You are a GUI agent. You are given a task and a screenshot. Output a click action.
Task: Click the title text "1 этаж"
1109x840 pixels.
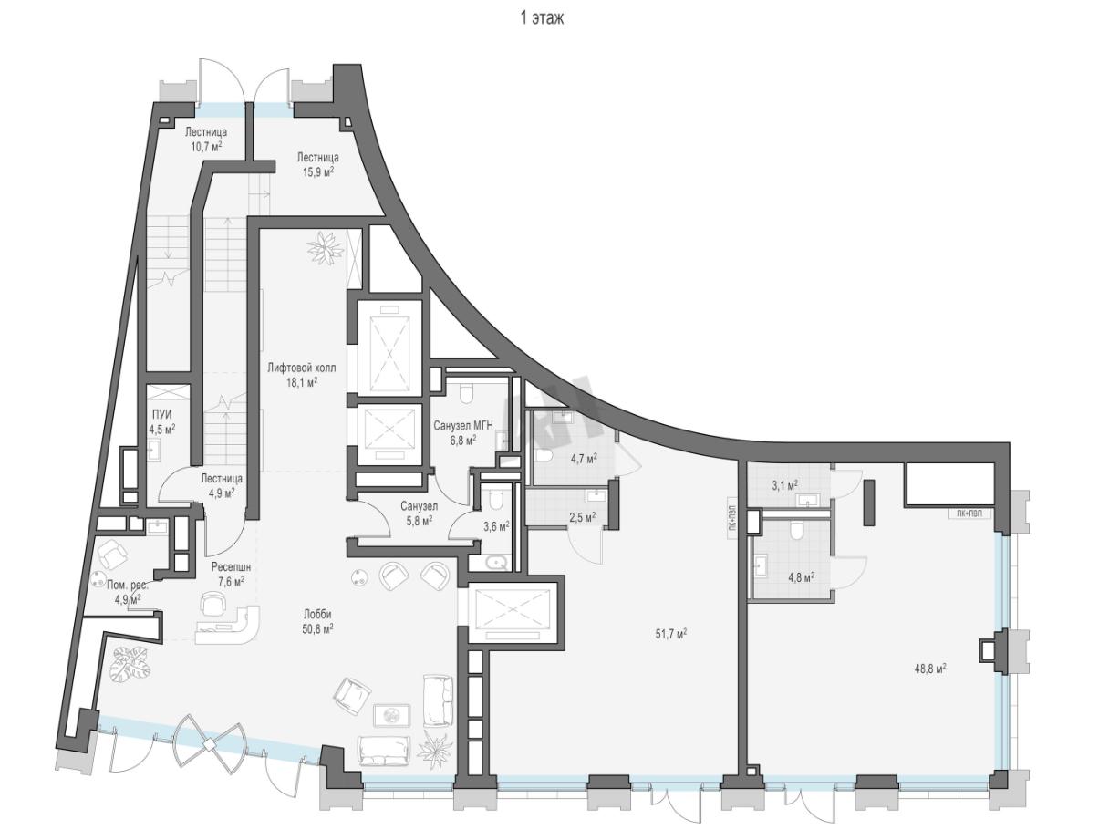(x=542, y=18)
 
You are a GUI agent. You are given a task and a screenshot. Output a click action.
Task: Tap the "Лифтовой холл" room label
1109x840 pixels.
(x=302, y=368)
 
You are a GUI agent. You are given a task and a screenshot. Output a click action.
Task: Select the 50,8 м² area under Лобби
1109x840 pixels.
(x=317, y=629)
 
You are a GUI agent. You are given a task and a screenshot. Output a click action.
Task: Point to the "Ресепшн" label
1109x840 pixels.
(x=231, y=567)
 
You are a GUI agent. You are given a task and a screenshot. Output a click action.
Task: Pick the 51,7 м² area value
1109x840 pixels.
(x=671, y=634)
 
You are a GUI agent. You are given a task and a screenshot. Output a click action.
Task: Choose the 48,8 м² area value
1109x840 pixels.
(x=930, y=669)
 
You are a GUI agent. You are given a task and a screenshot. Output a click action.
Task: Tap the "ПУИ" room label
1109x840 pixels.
(x=161, y=415)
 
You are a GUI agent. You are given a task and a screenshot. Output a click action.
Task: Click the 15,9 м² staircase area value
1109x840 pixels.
(x=317, y=171)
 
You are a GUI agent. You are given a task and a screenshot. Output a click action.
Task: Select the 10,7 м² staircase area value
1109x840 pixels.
(x=205, y=147)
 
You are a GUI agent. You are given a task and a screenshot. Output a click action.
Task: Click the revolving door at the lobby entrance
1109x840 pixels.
(x=208, y=744)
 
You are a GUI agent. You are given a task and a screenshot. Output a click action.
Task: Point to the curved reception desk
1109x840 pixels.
(x=228, y=625)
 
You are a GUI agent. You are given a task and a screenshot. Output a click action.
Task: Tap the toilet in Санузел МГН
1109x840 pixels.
(x=466, y=393)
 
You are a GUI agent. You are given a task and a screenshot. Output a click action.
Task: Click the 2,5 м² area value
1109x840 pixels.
(x=582, y=517)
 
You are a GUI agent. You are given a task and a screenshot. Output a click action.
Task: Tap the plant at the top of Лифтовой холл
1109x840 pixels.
(x=324, y=247)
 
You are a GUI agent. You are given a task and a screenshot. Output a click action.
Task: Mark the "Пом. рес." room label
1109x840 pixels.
(x=128, y=586)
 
